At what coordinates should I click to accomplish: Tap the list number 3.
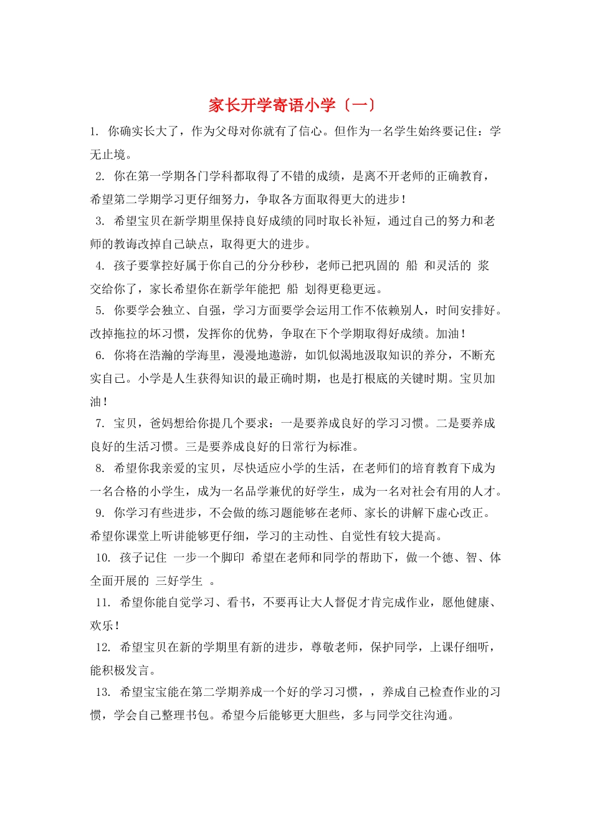pos(100,221)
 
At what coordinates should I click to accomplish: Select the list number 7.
pos(100,423)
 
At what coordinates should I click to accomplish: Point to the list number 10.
pos(103,558)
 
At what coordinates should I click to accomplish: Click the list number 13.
pos(103,692)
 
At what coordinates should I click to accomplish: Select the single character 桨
pos(483,266)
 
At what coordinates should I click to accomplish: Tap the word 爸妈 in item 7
pos(161,423)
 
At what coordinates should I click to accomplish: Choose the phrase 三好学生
pos(179,581)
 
